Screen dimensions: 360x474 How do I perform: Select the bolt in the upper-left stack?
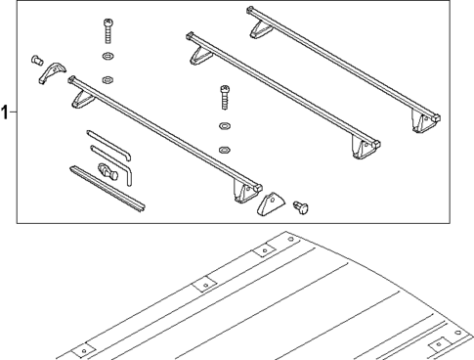point(107,31)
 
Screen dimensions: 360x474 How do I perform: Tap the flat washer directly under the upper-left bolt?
point(107,58)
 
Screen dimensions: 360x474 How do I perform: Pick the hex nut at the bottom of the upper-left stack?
point(108,77)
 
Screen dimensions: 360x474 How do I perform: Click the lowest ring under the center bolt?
point(224,150)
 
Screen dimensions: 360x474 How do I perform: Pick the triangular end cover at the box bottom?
point(267,205)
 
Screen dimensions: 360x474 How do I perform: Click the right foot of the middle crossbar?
point(365,147)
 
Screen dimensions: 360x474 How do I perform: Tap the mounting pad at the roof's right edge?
point(437,342)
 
